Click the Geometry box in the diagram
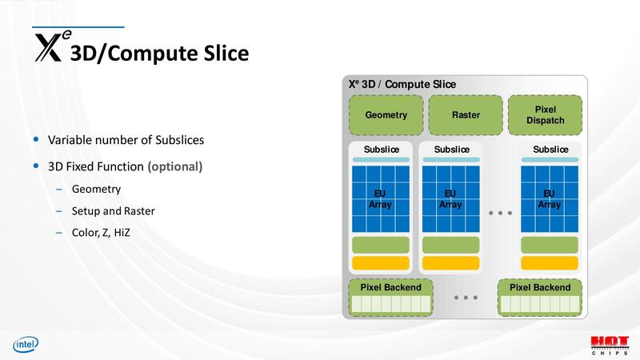tap(386, 115)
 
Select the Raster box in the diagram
tap(466, 115)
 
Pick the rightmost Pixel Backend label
tap(540, 287)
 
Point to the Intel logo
tap(24, 345)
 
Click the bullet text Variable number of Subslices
tap(126, 140)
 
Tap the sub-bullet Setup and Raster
tap(113, 211)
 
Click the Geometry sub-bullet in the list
tap(96, 190)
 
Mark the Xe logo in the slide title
tap(50, 46)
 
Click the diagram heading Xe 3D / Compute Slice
tap(402, 85)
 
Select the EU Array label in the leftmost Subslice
tap(380, 199)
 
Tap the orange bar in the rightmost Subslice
tap(549, 262)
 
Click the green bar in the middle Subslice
tap(450, 245)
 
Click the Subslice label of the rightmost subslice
tap(550, 150)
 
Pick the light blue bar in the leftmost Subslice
tap(380, 160)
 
